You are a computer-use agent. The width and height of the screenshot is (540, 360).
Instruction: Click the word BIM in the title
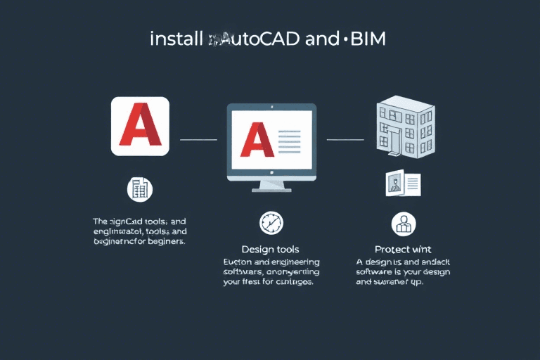(367, 39)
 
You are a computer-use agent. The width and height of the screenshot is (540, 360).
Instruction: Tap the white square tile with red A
(140, 127)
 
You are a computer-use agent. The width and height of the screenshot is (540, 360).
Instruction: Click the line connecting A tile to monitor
(198, 140)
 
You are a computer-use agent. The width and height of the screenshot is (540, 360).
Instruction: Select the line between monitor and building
(345, 140)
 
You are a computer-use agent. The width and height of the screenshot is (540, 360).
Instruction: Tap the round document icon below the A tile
(140, 188)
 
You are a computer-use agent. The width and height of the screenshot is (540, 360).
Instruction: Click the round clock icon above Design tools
(271, 223)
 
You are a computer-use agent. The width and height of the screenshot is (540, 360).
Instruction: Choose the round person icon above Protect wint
(403, 224)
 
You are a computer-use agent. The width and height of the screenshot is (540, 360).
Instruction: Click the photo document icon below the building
(403, 184)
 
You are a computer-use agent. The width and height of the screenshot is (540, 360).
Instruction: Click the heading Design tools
(270, 250)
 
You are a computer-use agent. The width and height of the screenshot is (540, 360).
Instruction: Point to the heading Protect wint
(403, 250)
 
